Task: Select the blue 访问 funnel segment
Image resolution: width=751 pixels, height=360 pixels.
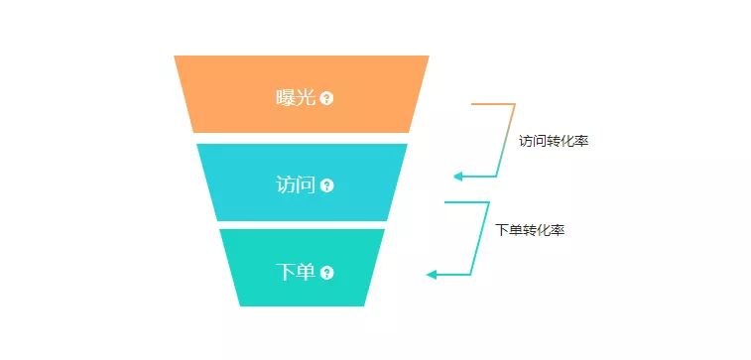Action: point(248,182)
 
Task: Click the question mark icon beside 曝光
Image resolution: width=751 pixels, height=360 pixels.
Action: point(327,98)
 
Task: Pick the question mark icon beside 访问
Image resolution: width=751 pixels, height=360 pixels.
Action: point(327,185)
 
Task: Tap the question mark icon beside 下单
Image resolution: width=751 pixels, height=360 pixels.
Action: point(327,273)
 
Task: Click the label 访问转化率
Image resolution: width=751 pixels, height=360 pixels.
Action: point(554,141)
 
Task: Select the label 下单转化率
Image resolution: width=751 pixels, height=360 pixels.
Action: point(531,229)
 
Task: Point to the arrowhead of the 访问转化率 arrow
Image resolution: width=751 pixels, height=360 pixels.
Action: point(457,177)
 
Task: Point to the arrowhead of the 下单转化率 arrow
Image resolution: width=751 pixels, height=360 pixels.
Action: point(431,274)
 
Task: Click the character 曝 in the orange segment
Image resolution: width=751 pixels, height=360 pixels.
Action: point(286,97)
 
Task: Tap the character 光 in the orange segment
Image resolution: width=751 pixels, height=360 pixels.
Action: point(306,97)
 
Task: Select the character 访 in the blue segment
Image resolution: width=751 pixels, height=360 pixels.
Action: point(286,184)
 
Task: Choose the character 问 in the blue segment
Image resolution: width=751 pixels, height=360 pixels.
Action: point(306,184)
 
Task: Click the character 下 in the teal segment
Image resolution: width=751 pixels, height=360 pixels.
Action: point(286,272)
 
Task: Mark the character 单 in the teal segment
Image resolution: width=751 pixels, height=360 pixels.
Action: point(306,272)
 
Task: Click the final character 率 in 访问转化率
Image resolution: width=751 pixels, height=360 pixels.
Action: point(582,141)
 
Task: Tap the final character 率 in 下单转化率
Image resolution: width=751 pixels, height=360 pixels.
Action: point(560,229)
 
